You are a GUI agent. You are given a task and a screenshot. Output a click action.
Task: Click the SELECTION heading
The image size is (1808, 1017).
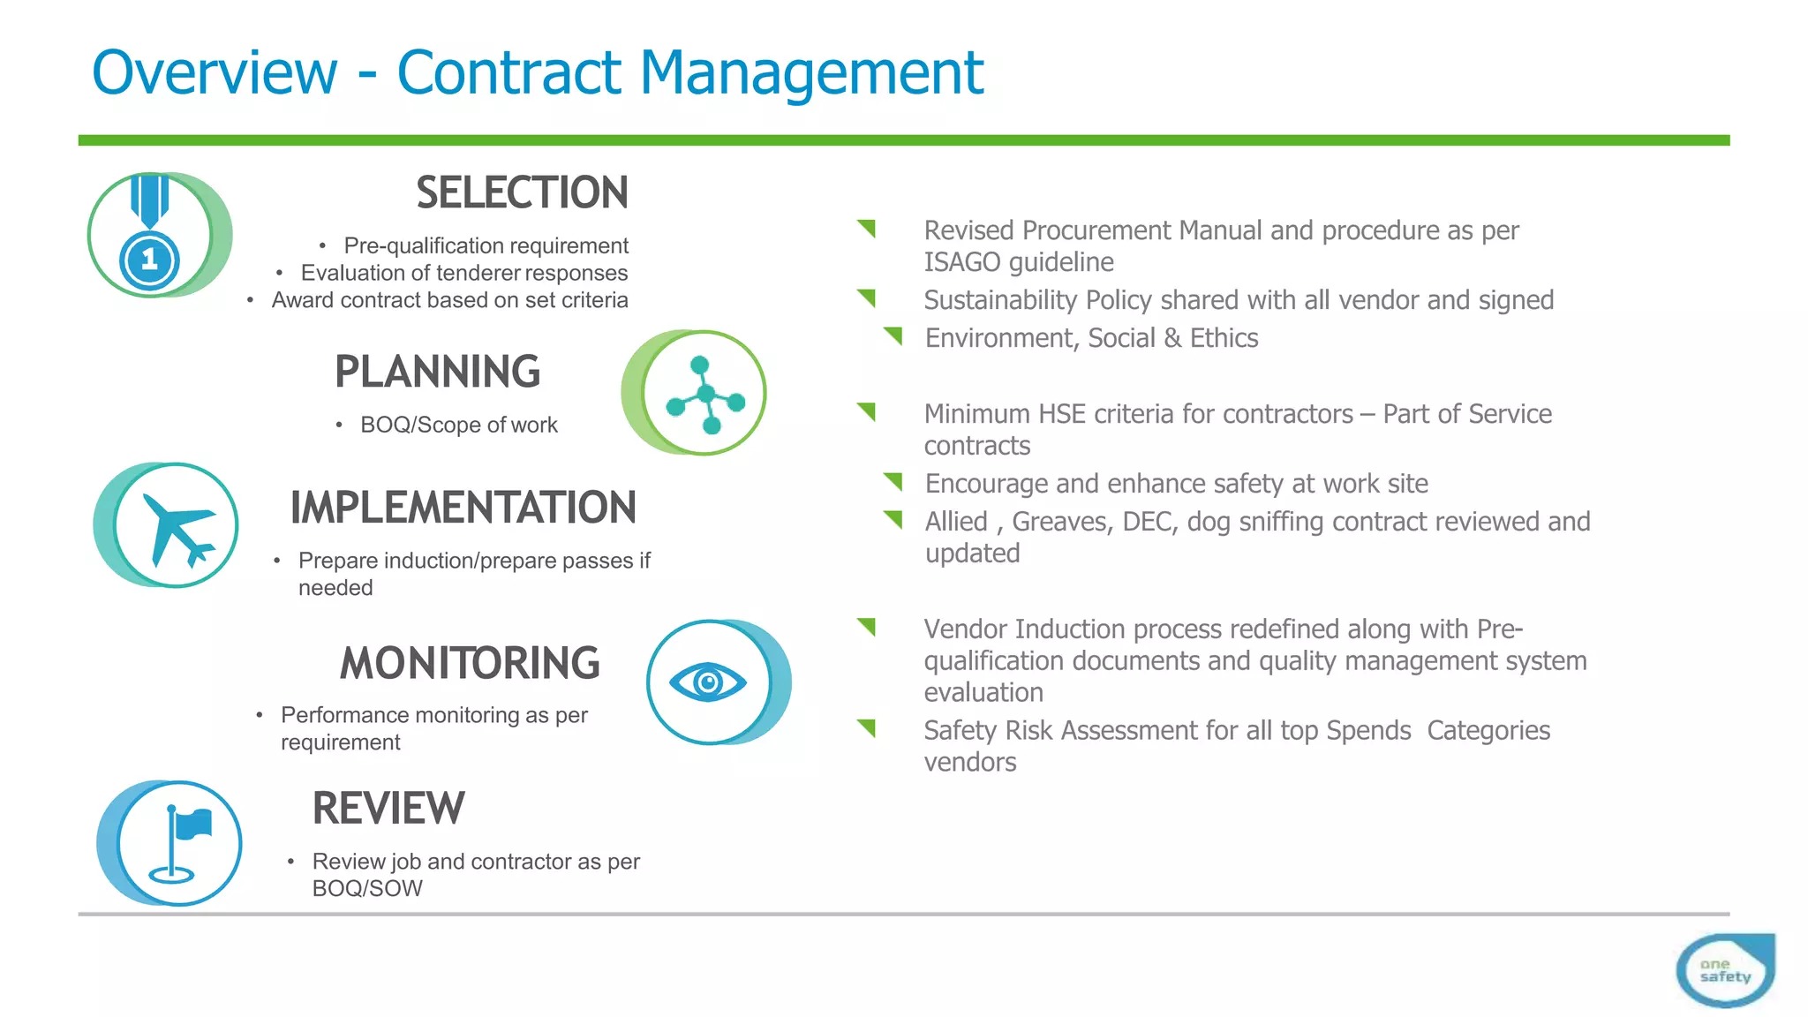click(522, 192)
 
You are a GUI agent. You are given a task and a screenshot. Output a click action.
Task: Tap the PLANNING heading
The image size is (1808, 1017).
click(437, 372)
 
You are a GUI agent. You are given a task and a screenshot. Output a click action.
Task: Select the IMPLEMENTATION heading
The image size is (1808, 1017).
click(463, 508)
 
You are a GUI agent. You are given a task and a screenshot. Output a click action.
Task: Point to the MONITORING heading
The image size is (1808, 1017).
click(470, 663)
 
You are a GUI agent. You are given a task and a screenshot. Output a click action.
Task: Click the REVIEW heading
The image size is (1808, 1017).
click(388, 808)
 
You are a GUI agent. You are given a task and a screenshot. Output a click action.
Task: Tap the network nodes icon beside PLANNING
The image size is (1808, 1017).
click(704, 394)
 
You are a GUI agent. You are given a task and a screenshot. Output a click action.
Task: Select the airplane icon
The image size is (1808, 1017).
click(176, 525)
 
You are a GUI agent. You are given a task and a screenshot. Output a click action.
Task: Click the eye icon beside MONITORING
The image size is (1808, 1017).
click(708, 682)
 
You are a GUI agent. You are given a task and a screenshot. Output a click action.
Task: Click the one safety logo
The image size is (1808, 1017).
click(1724, 970)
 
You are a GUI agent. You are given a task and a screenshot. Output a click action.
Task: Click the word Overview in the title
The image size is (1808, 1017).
click(215, 72)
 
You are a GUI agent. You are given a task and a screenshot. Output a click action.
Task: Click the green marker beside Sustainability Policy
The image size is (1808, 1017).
click(866, 298)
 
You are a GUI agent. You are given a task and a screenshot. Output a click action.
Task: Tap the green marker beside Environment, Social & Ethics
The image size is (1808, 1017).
click(893, 335)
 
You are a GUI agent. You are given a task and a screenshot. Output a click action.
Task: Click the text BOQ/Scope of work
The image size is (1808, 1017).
click(459, 425)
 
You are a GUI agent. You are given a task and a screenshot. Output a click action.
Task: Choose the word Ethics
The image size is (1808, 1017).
click(1224, 338)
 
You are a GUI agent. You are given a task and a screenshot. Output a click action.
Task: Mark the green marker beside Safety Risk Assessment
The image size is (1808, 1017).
click(866, 727)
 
